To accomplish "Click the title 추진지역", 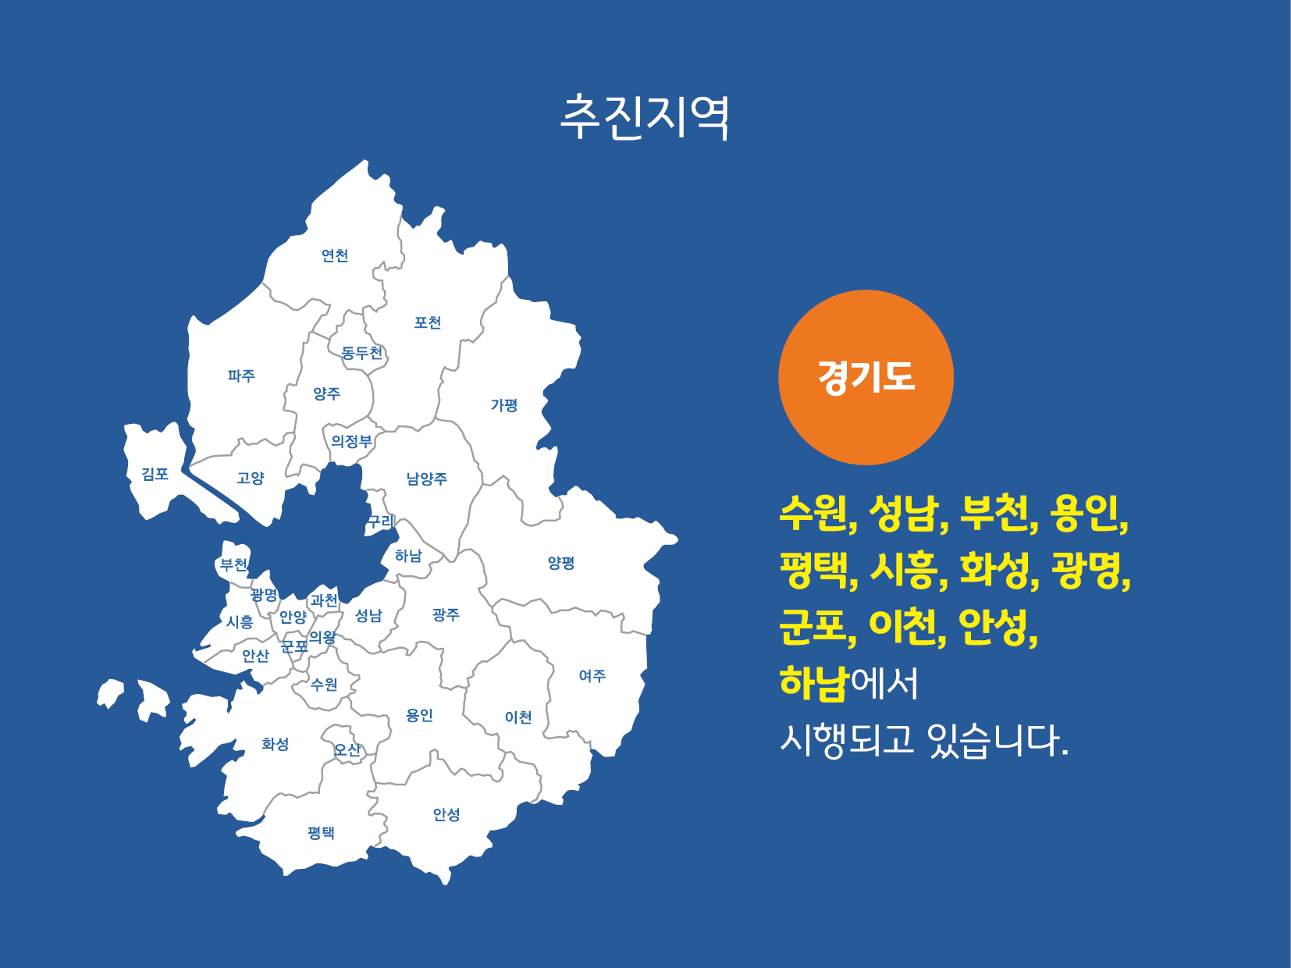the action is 645,117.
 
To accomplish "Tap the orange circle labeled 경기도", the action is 866,377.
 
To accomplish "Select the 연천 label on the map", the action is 335,255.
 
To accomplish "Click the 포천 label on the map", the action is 428,322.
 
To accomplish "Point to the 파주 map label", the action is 241,375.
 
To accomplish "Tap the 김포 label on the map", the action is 155,473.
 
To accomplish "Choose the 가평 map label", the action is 504,404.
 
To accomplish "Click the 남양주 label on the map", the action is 427,479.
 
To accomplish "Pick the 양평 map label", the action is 561,563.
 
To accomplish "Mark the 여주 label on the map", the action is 592,676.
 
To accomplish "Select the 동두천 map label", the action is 362,352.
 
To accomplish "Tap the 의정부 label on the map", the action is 352,440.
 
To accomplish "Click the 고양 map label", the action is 251,478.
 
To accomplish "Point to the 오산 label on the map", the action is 347,750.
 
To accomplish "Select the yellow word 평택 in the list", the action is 815,571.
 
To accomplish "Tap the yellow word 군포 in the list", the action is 815,627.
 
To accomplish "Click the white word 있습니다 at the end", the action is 997,740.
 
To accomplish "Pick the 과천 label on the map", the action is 325,600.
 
